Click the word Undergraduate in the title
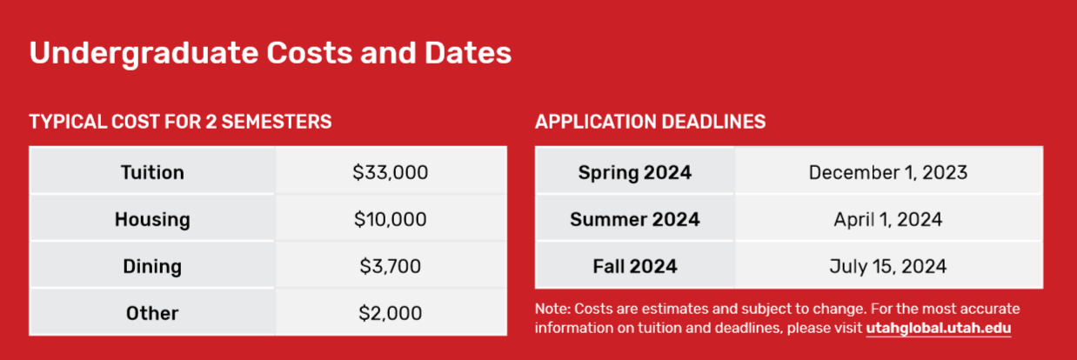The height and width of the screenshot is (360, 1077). (x=144, y=54)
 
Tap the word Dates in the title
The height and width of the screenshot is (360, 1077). (x=468, y=52)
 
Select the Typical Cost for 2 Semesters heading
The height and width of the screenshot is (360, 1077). (x=180, y=122)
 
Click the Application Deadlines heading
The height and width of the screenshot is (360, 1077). (x=650, y=122)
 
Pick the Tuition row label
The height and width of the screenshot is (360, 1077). (x=152, y=172)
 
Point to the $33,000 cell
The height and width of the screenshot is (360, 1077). (x=390, y=172)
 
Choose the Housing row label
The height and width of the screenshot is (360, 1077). (x=152, y=220)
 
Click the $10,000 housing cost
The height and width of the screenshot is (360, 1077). (x=390, y=219)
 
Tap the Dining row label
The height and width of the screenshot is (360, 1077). (x=152, y=267)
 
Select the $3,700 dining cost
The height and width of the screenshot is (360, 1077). (x=390, y=266)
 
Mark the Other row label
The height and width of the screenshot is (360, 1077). (x=152, y=313)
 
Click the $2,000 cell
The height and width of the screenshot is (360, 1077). (x=390, y=313)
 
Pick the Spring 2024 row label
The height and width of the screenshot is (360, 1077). (x=635, y=173)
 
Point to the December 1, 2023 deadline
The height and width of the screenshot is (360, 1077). (x=888, y=172)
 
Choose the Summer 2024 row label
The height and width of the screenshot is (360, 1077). (x=635, y=219)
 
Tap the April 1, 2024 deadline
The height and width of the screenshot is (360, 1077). (x=888, y=220)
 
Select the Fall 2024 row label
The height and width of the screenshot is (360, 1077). (x=635, y=266)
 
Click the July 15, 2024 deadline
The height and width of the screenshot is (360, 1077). (x=888, y=267)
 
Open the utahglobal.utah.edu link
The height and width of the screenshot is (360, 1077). (x=939, y=328)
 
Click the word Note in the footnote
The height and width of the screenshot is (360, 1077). (x=552, y=309)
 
